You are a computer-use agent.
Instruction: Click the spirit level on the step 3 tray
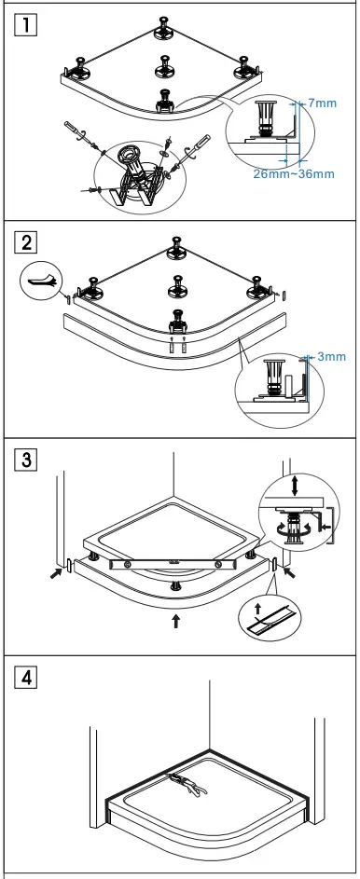tap(171, 565)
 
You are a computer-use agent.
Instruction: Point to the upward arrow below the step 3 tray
tap(175, 622)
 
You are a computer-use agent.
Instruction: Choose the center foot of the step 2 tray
tap(174, 283)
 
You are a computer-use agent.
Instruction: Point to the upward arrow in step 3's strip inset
tap(257, 611)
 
